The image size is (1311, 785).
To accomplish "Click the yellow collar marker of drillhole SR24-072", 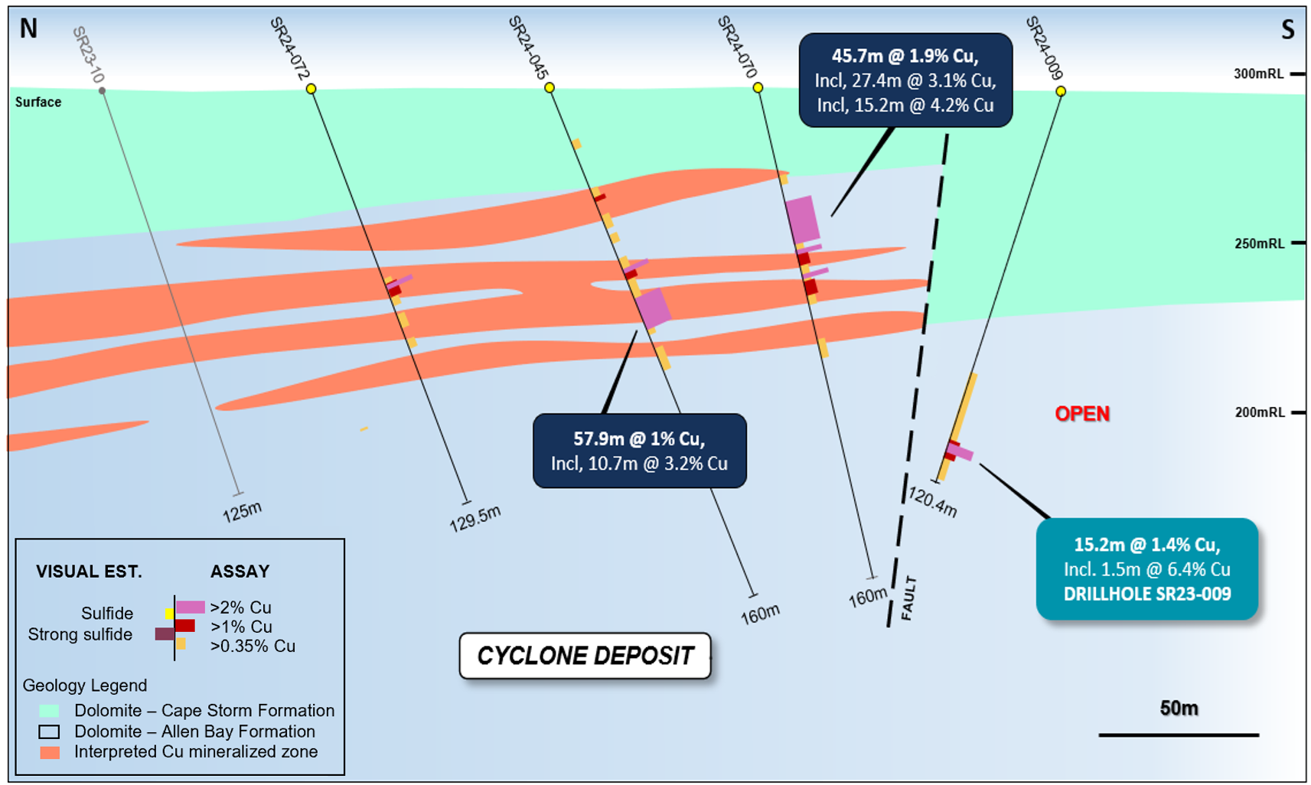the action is (311, 89).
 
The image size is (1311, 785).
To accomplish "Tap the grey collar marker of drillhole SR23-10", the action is (102, 91).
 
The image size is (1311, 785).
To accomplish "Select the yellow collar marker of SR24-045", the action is (550, 88).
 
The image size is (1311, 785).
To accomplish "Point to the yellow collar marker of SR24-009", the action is (1061, 91).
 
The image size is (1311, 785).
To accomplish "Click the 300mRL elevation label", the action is (1258, 73).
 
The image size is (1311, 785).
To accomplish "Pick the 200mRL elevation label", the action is (1260, 412).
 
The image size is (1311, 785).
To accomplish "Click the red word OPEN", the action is (1082, 414).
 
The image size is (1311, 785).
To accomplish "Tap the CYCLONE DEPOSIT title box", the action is (585, 656).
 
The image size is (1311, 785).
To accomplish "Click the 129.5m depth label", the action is (475, 519).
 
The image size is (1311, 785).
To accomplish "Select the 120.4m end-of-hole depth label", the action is (932, 503).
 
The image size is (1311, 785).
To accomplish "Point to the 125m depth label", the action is (242, 512).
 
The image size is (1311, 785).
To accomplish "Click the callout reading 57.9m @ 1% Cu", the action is (640, 451).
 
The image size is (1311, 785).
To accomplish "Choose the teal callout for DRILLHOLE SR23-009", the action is (1147, 569).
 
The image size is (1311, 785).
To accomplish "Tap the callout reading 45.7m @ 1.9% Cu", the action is (905, 80).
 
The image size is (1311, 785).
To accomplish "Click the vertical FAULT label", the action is (908, 598).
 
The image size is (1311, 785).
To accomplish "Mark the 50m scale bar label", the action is (1179, 708).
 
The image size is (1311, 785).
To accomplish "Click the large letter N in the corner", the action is (28, 28).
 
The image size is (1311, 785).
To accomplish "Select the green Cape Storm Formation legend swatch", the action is (49, 711).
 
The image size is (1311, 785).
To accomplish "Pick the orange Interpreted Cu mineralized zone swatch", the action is (50, 752).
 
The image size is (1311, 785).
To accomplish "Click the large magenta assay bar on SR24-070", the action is (802, 220).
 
